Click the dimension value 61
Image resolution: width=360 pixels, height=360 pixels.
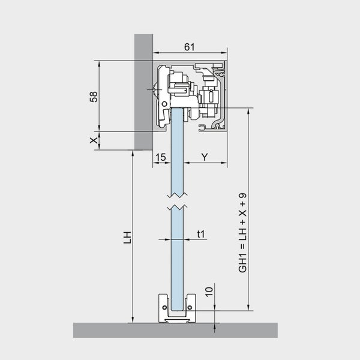click(x=190, y=47)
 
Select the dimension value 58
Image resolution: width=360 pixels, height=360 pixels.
click(x=94, y=97)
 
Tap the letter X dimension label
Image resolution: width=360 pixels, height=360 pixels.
click(x=94, y=140)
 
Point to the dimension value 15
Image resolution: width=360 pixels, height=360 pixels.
click(x=160, y=157)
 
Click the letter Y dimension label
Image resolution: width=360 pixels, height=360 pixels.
click(x=205, y=157)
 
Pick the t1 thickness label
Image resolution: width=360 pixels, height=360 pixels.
click(x=200, y=234)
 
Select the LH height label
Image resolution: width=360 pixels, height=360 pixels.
click(x=127, y=238)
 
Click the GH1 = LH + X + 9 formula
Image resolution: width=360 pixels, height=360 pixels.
click(x=242, y=233)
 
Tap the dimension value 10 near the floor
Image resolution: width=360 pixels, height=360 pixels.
click(x=209, y=292)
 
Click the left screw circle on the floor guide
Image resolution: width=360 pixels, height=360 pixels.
click(x=164, y=307)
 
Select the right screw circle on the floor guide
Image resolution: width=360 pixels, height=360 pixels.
click(x=190, y=307)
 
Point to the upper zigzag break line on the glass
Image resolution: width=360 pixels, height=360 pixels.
click(x=177, y=196)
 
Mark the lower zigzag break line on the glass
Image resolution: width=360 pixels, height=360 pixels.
click(x=177, y=207)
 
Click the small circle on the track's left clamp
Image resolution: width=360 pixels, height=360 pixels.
click(x=164, y=104)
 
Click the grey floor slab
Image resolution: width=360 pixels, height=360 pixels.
click(x=175, y=330)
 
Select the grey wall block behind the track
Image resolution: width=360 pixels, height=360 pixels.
click(x=143, y=92)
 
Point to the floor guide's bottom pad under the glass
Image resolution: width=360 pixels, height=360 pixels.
click(x=177, y=320)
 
